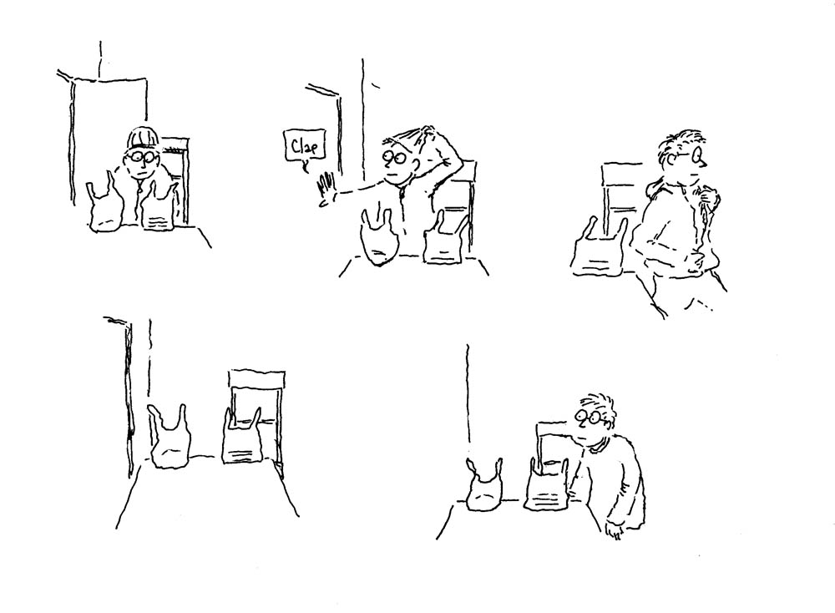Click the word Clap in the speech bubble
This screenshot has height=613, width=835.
pos(301,149)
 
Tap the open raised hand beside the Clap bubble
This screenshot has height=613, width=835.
pos(326,190)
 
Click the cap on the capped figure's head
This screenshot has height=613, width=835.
pos(142,137)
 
